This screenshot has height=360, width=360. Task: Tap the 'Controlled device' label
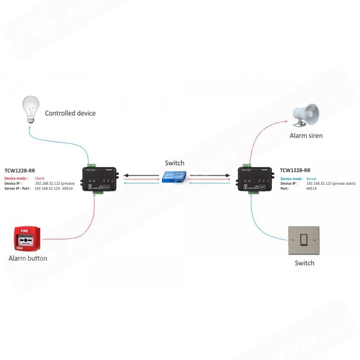pos(70,113)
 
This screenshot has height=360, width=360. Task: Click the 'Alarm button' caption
pos(28,259)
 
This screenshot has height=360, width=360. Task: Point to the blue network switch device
pos(175,177)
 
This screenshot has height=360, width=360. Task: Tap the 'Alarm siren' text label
pos(306,136)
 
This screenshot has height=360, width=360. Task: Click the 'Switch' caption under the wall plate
pos(304,263)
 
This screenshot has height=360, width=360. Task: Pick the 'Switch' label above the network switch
pos(175,163)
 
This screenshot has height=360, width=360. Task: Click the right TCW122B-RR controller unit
pos(256,179)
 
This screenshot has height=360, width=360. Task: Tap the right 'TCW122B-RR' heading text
pos(295,170)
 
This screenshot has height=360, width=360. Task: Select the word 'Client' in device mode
pos(40,179)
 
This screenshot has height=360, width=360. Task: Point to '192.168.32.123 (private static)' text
pos(330,184)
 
